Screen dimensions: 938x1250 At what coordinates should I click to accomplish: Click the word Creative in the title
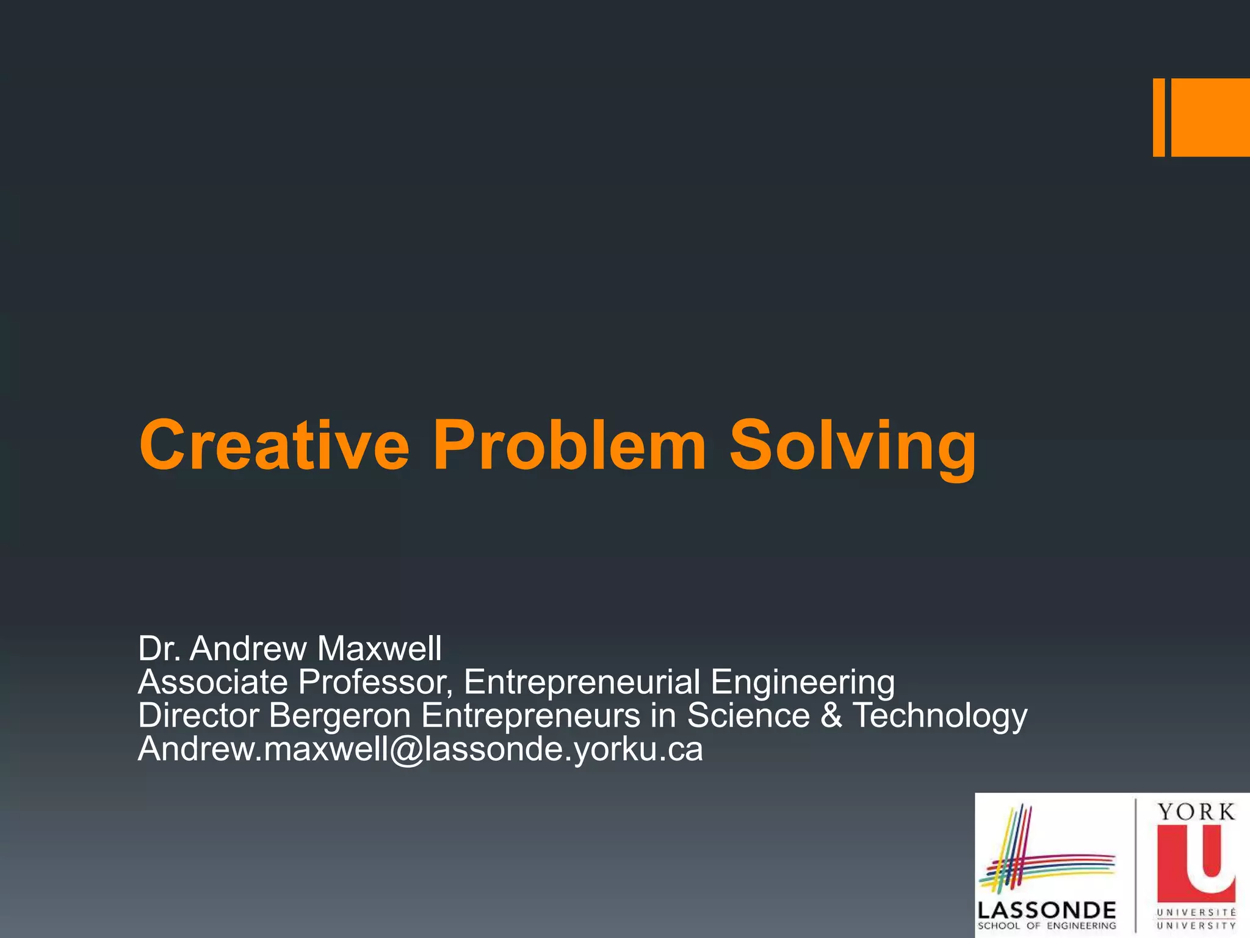pos(274,445)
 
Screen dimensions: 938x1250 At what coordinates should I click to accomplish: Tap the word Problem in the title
pos(569,445)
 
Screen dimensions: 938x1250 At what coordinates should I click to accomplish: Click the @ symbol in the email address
pos(406,750)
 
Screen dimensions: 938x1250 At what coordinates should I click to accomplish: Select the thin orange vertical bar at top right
pos(1158,117)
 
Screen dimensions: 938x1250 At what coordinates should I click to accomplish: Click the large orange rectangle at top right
pos(1210,117)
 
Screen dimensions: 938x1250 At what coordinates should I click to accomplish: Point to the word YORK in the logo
pos(1196,812)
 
